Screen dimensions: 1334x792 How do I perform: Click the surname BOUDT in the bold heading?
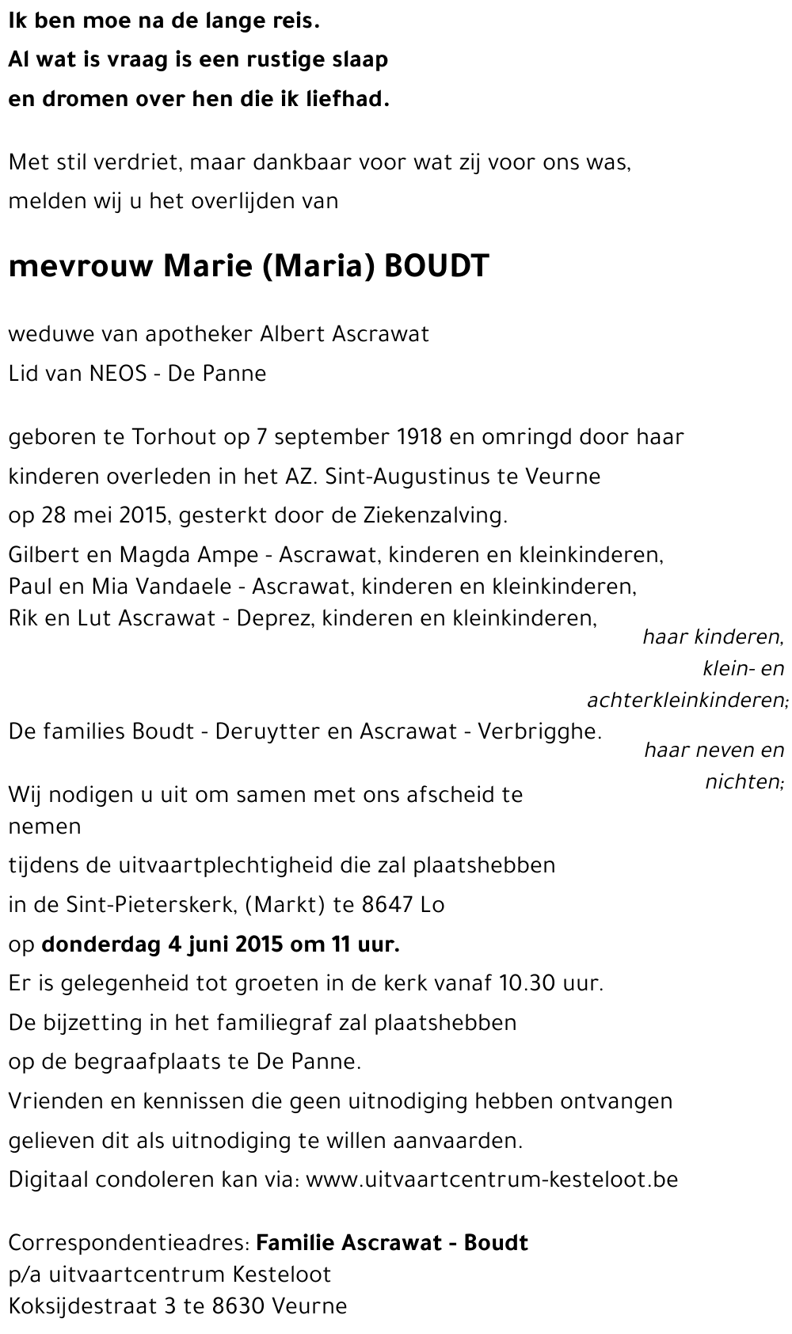pyautogui.click(x=436, y=267)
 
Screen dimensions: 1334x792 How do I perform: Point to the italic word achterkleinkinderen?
pyautogui.click(x=686, y=701)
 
